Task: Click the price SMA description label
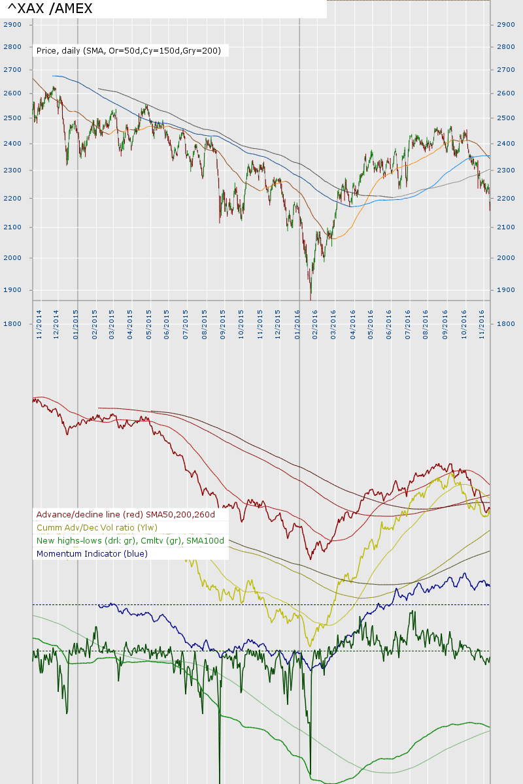(129, 50)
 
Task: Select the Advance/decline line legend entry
(126, 514)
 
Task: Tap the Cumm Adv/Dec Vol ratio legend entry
(97, 527)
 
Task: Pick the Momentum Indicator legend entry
(92, 553)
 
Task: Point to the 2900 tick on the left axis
(12, 24)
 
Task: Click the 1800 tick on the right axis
(505, 324)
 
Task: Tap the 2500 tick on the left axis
(12, 118)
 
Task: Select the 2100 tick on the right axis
(505, 227)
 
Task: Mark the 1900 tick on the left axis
(12, 289)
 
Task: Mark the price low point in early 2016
(311, 298)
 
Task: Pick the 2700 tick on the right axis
(505, 69)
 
